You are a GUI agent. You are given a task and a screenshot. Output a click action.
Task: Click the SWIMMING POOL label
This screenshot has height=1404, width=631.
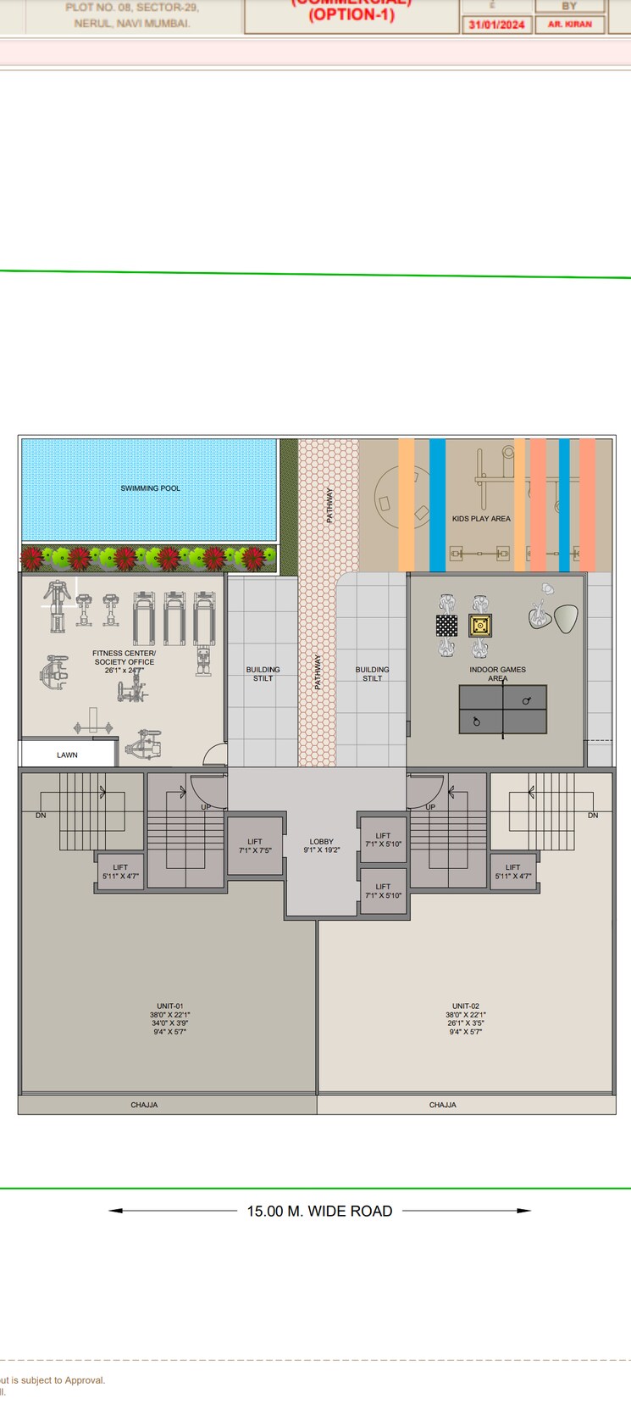tap(150, 488)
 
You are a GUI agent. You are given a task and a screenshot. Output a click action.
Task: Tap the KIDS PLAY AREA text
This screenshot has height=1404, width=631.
tap(481, 519)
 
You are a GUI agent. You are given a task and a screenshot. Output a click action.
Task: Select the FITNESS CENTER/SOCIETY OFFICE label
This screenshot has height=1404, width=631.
tap(125, 658)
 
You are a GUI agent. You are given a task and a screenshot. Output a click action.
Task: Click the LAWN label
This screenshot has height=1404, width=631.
tap(67, 755)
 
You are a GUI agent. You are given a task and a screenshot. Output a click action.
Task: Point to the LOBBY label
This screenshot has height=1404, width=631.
tap(322, 842)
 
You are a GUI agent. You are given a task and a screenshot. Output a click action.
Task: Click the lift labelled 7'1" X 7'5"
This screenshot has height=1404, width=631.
tap(255, 846)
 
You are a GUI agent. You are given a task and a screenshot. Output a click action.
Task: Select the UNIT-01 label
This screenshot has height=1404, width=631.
tap(170, 1006)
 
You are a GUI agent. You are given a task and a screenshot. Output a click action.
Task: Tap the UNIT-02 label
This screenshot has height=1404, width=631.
tap(466, 1006)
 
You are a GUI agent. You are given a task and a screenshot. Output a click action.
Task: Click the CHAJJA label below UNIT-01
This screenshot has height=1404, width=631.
tap(144, 1105)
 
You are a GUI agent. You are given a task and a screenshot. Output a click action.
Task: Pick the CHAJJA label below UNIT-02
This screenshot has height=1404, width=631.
tap(443, 1105)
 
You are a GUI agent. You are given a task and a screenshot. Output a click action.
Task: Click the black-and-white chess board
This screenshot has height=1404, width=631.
tap(446, 626)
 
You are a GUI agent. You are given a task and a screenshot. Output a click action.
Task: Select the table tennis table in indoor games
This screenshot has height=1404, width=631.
tap(502, 710)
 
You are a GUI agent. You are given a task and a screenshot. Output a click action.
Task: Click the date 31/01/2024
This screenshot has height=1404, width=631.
tap(497, 25)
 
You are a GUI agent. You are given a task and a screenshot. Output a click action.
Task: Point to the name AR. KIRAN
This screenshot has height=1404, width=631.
tap(570, 25)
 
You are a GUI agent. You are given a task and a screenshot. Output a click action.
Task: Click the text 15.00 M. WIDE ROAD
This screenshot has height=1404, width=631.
tap(319, 1211)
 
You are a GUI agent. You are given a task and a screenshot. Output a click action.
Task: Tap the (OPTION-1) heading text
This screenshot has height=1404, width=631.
tap(351, 15)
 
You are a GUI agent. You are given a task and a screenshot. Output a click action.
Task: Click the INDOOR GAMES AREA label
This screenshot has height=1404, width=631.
tap(498, 673)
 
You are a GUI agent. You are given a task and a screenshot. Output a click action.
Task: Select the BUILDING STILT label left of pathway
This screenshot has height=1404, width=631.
tap(263, 674)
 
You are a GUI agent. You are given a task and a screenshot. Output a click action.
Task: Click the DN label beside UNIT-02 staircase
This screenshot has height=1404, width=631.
tap(593, 816)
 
